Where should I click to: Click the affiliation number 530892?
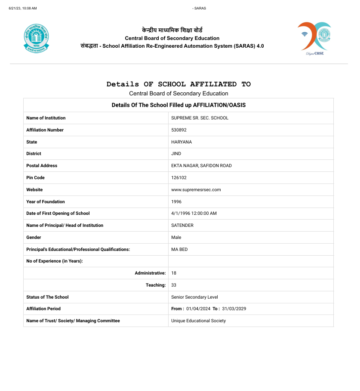pyautogui.click(x=179, y=130)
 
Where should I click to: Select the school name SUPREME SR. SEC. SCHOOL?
pyautogui.click(x=200, y=118)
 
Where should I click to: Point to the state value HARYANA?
pyautogui.click(x=182, y=142)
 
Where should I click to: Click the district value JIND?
pyautogui.click(x=176, y=153)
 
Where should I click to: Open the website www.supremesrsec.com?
pyautogui.click(x=196, y=189)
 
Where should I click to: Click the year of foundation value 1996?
pyautogui.click(x=176, y=202)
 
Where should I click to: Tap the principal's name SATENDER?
pyautogui.click(x=182, y=225)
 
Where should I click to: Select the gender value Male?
pyautogui.click(x=176, y=237)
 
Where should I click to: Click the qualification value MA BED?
pyautogui.click(x=179, y=249)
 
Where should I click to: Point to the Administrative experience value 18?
pyautogui.click(x=174, y=273)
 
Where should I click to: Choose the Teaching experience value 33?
pyautogui.click(x=174, y=285)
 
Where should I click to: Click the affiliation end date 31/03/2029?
pyautogui.click(x=234, y=309)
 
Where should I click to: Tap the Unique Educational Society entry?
pyautogui.click(x=198, y=321)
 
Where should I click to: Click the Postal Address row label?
pyautogui.click(x=42, y=165)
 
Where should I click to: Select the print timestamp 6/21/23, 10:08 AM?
pyautogui.click(x=23, y=8)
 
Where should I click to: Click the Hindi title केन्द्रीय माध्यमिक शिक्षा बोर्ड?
pyautogui.click(x=172, y=30)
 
